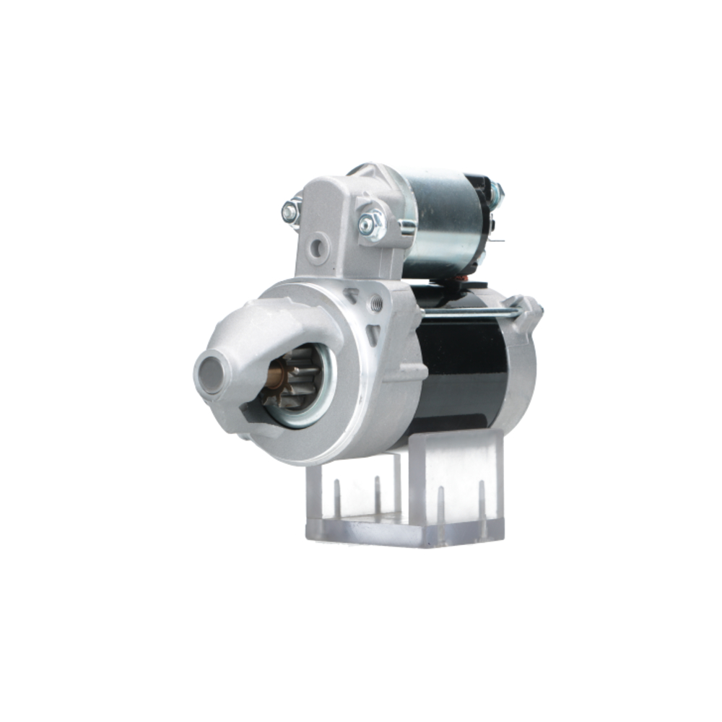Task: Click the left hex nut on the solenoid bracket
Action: (x=291, y=212)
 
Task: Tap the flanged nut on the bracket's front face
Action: (x=370, y=225)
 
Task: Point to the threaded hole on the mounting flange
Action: (x=375, y=304)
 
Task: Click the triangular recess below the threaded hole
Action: (x=373, y=334)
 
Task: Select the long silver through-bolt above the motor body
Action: (x=469, y=313)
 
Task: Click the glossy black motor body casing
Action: (x=462, y=368)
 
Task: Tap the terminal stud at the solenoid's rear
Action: (x=497, y=193)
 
